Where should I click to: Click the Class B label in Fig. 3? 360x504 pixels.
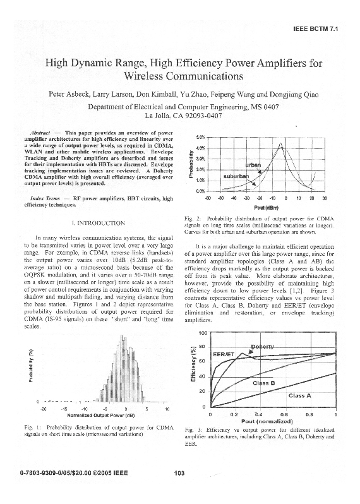tap(263, 383)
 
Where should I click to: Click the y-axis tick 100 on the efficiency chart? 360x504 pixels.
tap(202, 315)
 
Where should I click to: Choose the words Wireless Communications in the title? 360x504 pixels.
tap(180, 77)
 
